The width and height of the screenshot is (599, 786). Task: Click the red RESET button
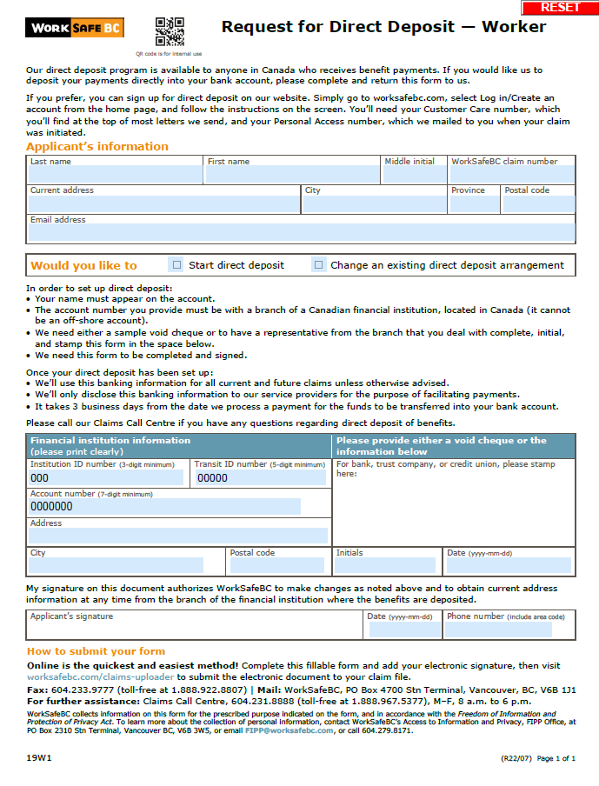point(560,7)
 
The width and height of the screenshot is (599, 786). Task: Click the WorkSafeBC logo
point(75,28)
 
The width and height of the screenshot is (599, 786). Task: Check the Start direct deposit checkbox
point(177,265)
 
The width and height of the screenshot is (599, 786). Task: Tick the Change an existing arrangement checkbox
point(319,265)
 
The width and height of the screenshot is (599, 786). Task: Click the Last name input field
point(116,175)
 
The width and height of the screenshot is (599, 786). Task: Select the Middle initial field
point(413,175)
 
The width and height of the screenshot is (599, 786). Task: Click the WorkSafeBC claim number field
point(511,175)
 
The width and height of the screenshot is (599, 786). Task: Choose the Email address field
point(301,232)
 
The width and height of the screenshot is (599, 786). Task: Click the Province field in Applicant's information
point(474,204)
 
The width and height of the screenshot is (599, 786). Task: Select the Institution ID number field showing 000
point(106,477)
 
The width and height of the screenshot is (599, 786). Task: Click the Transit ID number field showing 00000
point(260,477)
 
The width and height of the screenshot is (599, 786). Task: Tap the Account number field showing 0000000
point(164,506)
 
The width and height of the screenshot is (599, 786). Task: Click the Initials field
point(385,565)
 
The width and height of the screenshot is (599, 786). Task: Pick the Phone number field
point(509,629)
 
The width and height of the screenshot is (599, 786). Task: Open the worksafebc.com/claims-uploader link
point(101,676)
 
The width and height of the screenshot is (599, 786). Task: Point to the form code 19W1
point(39,758)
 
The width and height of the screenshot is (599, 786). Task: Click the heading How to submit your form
point(96,651)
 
